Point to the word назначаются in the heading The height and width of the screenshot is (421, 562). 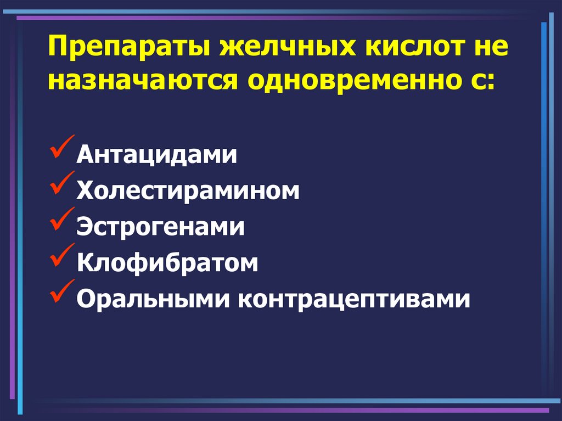(x=143, y=80)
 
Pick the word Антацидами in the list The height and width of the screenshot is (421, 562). (x=156, y=154)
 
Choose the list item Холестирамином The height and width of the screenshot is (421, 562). (x=188, y=190)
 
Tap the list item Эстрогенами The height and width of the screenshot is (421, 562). (x=161, y=227)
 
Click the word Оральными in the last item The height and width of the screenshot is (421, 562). (x=153, y=299)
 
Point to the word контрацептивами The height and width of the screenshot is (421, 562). (x=354, y=300)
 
